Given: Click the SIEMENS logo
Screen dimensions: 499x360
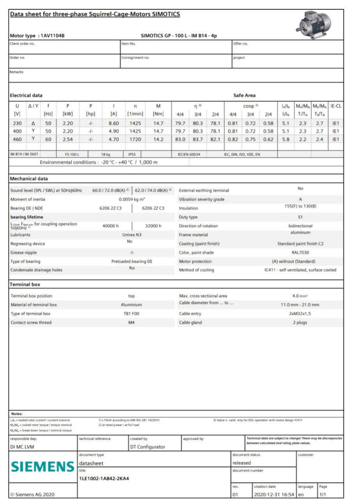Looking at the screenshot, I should [42, 466].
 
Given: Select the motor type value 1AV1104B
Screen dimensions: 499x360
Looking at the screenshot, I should [53, 36].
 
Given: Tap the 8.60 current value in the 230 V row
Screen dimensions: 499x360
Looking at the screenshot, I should [114, 123].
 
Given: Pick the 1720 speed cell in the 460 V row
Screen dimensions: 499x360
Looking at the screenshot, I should [135, 139].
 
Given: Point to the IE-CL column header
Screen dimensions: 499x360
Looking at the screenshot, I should [336, 106].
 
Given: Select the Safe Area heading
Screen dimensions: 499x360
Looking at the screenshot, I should [244, 95].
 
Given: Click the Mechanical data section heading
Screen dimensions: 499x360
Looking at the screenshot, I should [29, 179].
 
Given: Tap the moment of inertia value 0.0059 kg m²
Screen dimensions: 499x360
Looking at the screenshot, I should [132, 199].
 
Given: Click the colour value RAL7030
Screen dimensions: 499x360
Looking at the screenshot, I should [300, 253].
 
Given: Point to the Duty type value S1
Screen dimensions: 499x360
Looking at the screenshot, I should [300, 217].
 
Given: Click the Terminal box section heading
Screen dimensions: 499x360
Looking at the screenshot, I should [25, 285].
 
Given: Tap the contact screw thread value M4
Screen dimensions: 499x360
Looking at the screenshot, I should [132, 322].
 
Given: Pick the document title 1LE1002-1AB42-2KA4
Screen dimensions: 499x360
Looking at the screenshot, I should [104, 478].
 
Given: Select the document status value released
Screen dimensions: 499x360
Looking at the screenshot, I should [242, 463].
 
